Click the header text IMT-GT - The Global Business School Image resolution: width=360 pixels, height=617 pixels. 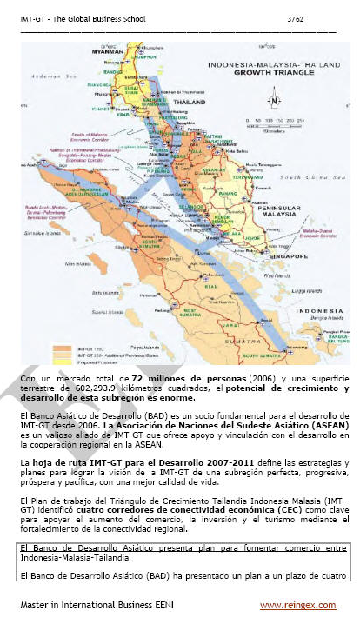tap(84, 18)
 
